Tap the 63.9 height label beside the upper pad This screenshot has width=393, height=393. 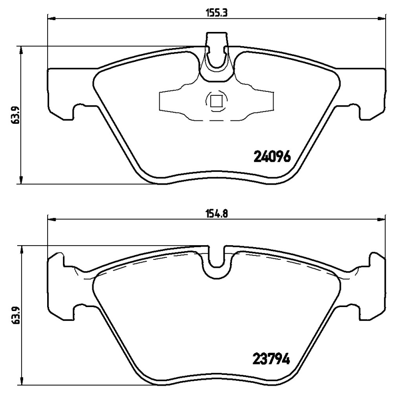(x=15, y=115)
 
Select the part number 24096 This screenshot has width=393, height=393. (x=273, y=156)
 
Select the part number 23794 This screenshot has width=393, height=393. (x=272, y=359)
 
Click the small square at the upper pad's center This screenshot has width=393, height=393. (x=216, y=102)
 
